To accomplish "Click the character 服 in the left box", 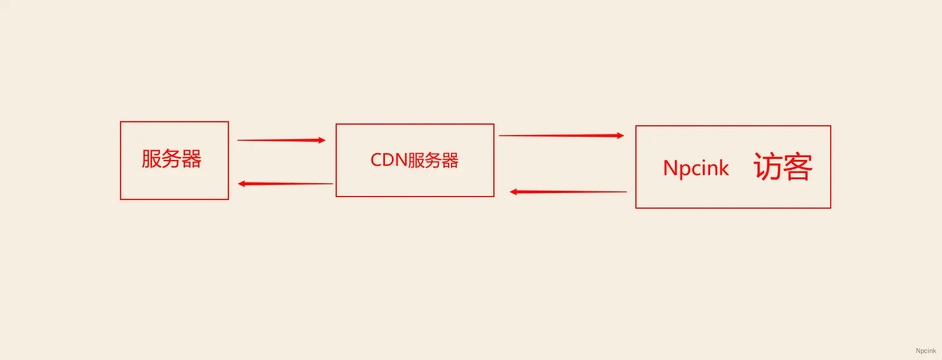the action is coord(151,159).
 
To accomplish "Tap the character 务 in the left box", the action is coord(171,159).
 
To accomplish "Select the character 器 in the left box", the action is coord(191,159).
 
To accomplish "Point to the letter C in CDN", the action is coord(376,160).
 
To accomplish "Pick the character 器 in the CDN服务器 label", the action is coord(450,160).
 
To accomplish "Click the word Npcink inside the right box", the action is coord(696,168).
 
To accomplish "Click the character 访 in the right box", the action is coord(768,166).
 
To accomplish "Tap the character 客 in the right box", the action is coord(798,166).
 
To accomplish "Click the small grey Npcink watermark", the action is coord(926,351).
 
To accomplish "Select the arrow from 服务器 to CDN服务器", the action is coord(281,140).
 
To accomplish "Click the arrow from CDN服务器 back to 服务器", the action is coord(285,184).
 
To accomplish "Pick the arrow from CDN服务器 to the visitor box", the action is coord(561,136).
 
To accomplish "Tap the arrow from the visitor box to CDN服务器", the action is coord(568,192).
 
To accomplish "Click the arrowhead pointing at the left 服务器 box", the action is coord(242,184).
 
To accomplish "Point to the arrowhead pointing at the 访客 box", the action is coord(620,136).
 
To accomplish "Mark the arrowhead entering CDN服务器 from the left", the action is coord(322,140).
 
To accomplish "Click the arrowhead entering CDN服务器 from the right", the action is coord(514,192).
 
